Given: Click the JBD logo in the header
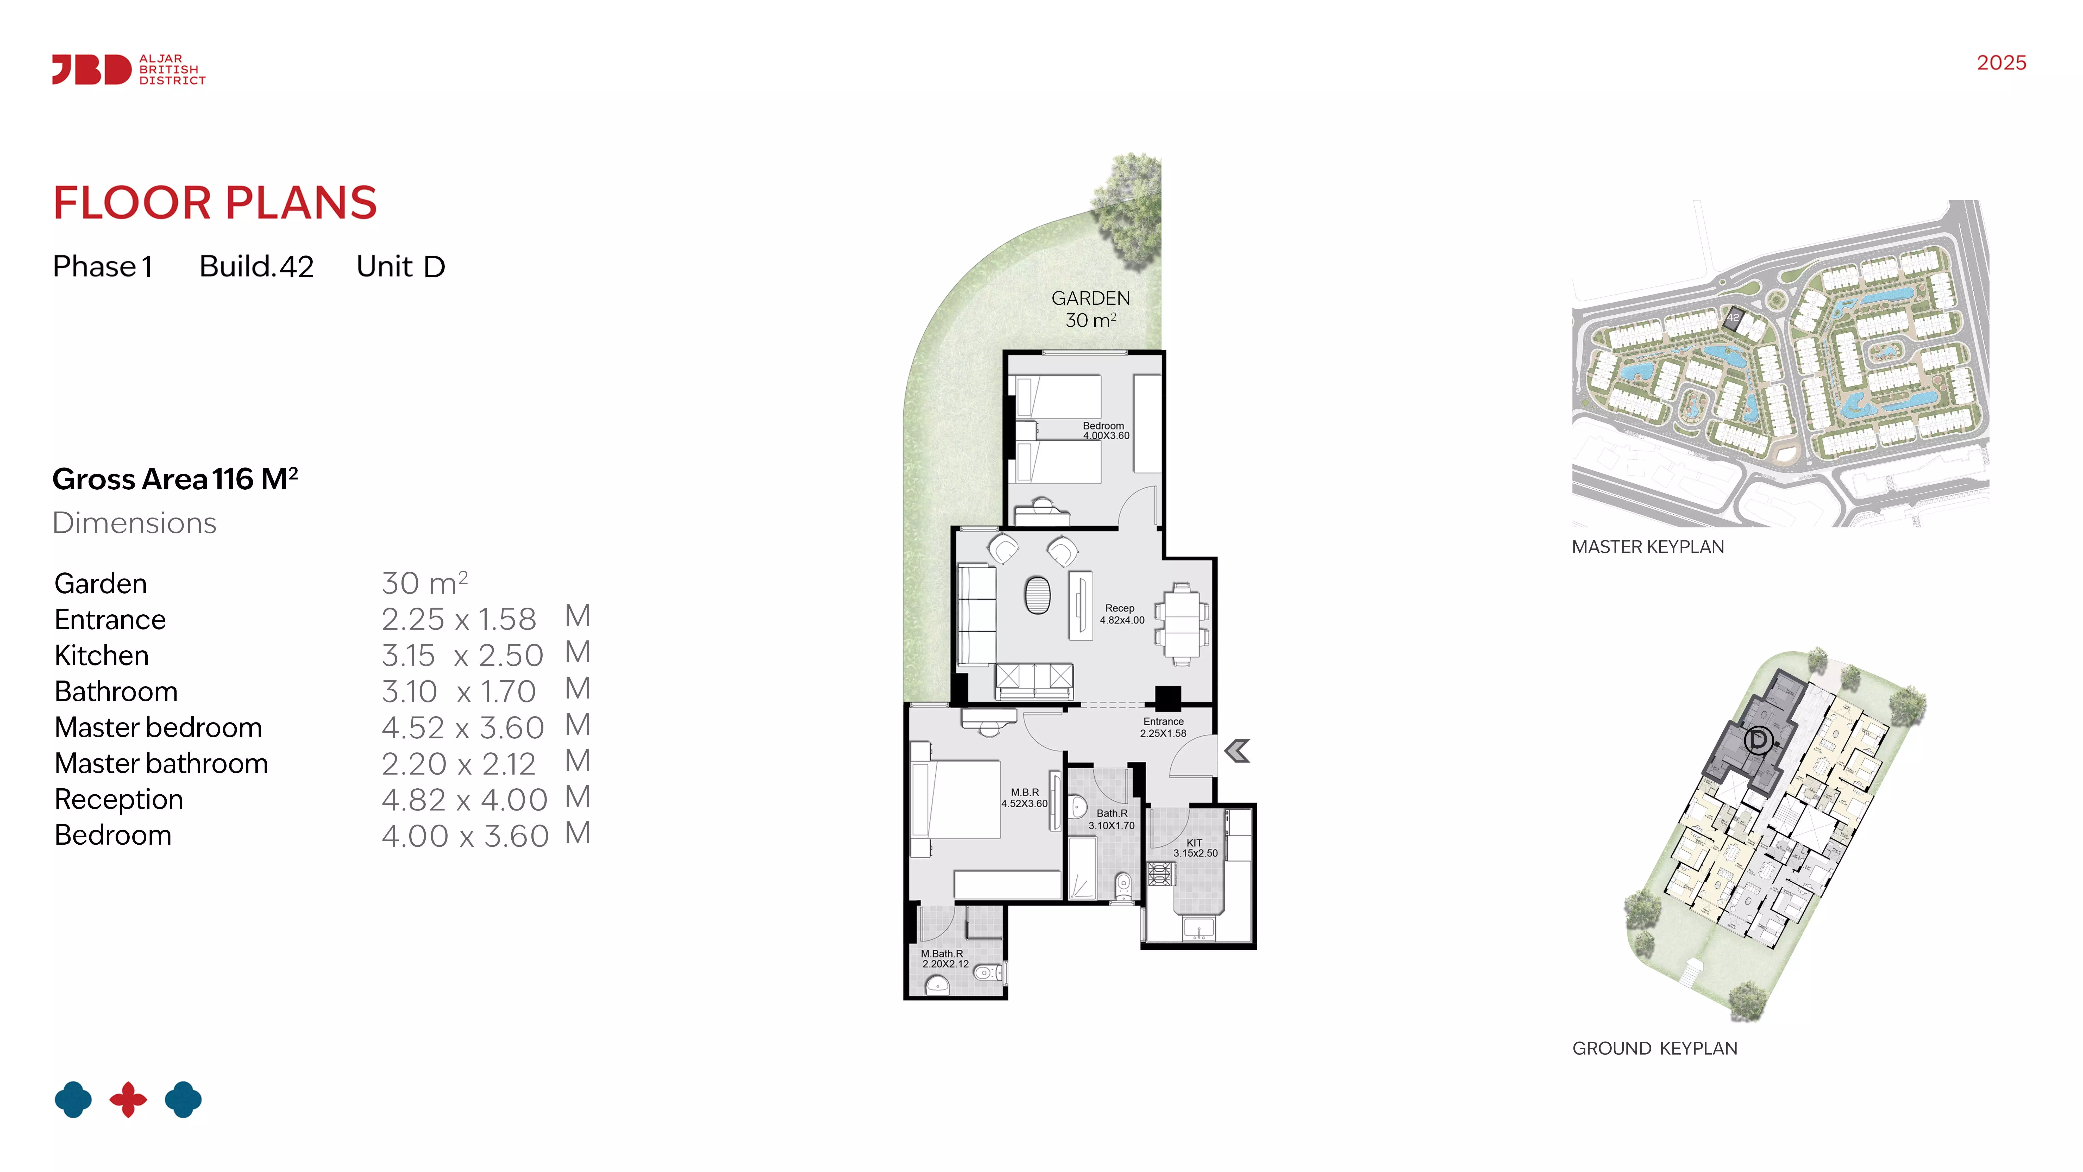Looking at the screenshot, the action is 129,70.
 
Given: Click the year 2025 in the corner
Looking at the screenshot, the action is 2001,63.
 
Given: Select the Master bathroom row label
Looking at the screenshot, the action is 161,764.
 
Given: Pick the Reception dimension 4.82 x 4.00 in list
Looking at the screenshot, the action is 465,800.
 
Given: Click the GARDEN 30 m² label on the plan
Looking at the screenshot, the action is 1091,309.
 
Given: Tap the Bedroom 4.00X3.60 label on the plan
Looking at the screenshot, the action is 1105,430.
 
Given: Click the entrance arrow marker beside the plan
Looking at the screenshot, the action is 1237,751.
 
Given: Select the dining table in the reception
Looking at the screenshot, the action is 1181,624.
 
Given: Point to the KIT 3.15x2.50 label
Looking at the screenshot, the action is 1195,848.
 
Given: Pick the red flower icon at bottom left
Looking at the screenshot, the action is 129,1099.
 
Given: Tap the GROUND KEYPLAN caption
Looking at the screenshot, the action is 1654,1048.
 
